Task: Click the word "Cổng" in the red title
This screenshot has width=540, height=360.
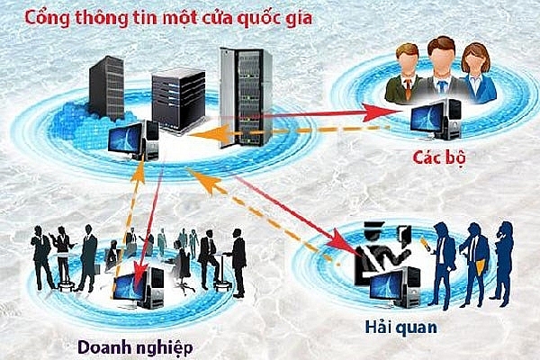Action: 48,17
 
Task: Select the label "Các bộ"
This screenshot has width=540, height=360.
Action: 439,157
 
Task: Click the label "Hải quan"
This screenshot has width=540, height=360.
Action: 400,327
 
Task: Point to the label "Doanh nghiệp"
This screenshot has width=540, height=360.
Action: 135,346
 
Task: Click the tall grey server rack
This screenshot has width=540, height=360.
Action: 246,97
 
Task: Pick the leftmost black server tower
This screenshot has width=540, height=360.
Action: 106,88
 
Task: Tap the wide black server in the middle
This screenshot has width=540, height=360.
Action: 178,100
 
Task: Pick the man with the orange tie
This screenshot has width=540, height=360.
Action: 405,74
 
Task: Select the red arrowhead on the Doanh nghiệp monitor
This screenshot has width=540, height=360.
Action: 140,276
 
